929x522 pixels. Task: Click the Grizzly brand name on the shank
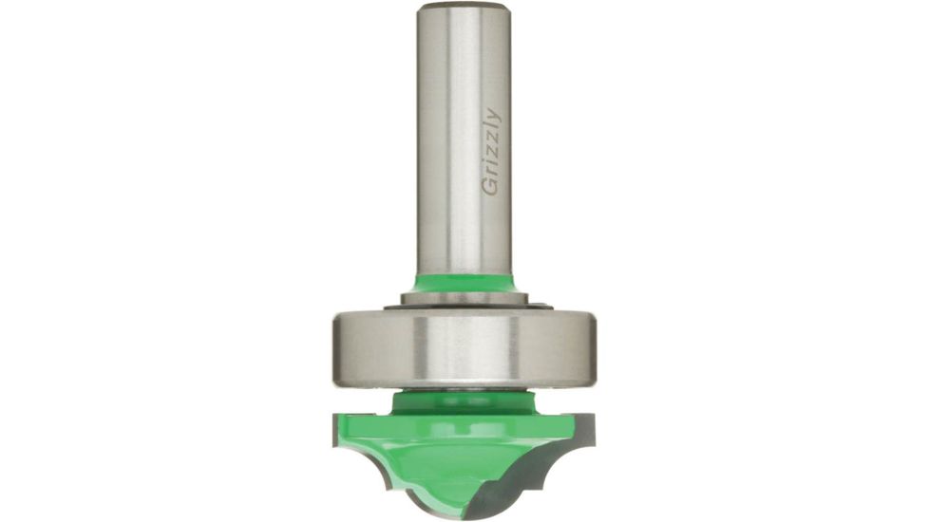coord(491,152)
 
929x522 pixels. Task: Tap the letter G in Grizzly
coord(490,188)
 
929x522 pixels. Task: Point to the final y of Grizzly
coord(493,116)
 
